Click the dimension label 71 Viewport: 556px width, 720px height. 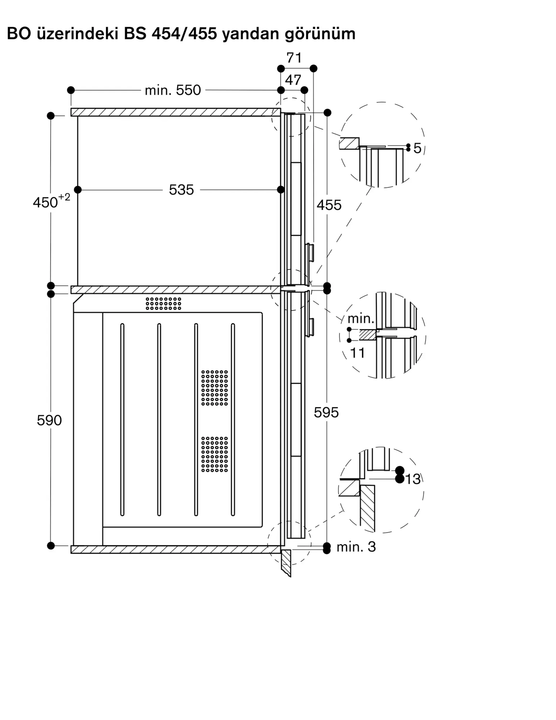[x=294, y=58]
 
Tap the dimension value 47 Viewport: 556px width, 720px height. [x=293, y=80]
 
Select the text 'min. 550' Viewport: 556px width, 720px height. [x=173, y=90]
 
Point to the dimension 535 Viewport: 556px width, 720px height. [x=181, y=190]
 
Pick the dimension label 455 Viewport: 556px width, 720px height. [x=329, y=205]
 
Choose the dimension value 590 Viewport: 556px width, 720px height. [x=49, y=420]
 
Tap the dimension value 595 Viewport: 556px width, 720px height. [x=326, y=413]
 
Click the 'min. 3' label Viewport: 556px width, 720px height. [x=356, y=547]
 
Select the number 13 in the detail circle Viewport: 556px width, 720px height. [x=413, y=479]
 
